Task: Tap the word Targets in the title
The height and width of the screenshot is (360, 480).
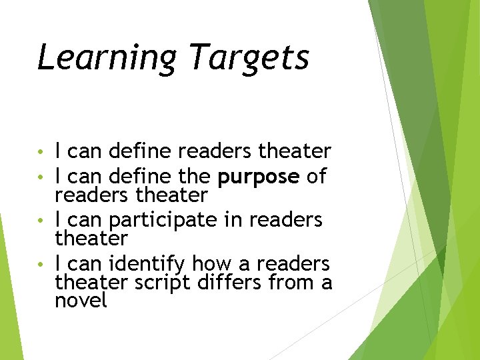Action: tap(249, 57)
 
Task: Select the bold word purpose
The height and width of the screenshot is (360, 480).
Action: tap(259, 177)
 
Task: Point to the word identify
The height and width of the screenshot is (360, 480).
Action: tap(145, 263)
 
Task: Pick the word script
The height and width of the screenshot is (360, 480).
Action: tap(163, 283)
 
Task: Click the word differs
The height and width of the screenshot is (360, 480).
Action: tap(231, 283)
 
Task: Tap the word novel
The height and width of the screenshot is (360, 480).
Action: tap(81, 301)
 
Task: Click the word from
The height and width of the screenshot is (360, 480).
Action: tap(292, 283)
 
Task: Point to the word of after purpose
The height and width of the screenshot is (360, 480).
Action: tap(316, 177)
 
